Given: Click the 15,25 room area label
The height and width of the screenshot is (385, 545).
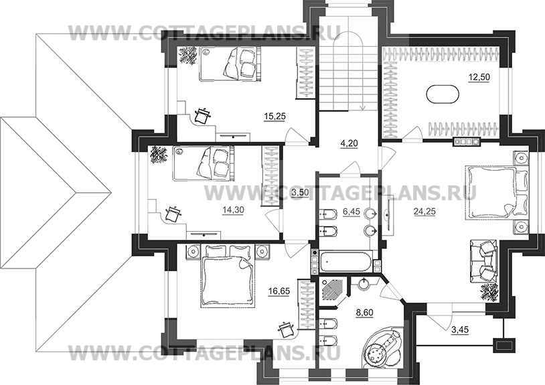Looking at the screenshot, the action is (275, 117).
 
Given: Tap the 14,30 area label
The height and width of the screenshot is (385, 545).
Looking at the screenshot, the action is (233, 210).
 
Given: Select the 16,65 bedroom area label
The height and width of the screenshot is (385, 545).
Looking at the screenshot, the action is (279, 291).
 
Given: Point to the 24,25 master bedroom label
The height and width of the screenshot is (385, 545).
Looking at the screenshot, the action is (424, 211).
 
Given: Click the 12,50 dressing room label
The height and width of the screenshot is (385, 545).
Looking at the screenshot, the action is (479, 77).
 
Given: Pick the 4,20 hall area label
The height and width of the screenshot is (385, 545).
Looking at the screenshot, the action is (349, 143).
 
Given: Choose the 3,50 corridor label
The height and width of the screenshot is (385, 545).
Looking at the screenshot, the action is (300, 193).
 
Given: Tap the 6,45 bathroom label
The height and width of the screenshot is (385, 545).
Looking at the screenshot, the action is (352, 212).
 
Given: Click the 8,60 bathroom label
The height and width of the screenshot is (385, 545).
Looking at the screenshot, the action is (364, 313).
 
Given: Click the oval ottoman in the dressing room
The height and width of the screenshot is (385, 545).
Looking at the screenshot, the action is (443, 94).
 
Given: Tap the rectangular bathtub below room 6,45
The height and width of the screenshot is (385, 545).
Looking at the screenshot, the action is (346, 262).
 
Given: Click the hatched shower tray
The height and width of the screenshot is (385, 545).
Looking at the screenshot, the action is (333, 288).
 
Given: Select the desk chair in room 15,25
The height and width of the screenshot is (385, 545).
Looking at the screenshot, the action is (203, 116).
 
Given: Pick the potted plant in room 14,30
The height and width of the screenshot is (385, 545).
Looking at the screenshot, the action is (159, 155).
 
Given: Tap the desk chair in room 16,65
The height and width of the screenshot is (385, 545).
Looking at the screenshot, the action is (287, 329).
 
